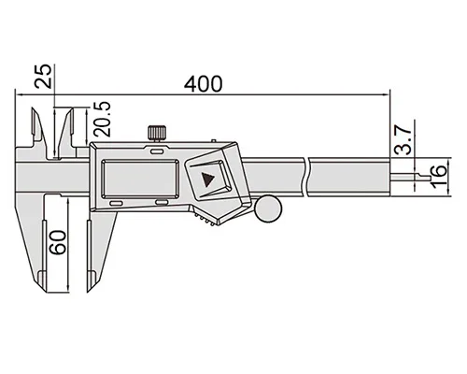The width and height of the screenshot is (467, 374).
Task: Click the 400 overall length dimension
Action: click(x=203, y=84)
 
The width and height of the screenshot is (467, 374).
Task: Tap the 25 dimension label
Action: click(x=43, y=77)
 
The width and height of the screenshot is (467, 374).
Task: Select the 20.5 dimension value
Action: click(x=103, y=119)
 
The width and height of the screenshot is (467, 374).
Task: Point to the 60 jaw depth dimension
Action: click(x=58, y=242)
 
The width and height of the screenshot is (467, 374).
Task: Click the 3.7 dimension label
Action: click(x=403, y=140)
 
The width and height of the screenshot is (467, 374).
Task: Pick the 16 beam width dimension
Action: click(x=438, y=177)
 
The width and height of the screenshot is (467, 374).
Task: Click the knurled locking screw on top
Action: click(x=157, y=134)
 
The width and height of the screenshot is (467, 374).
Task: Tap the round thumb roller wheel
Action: click(x=268, y=209)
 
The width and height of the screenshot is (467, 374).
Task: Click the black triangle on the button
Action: click(x=207, y=180)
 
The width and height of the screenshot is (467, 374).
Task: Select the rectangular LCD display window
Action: click(x=140, y=179)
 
